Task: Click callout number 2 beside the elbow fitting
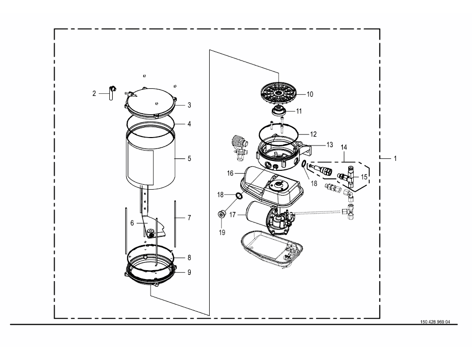tap(94, 93)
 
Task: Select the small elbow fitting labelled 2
tap(111, 93)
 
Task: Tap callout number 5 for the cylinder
tap(189, 158)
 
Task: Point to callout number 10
tap(310, 94)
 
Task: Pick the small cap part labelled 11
tap(279, 111)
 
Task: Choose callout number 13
tap(329, 144)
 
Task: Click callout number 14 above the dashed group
tap(344, 147)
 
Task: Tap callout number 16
tap(230, 173)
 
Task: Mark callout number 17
tap(232, 215)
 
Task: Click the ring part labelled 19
tap(222, 215)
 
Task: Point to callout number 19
tap(222, 232)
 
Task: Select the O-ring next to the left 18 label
tap(238, 196)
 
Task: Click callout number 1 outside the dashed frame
tap(395, 158)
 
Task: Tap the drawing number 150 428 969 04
tap(435, 322)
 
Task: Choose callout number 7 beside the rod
tap(189, 217)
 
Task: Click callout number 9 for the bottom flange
tap(189, 272)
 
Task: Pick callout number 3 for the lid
tap(189, 105)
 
